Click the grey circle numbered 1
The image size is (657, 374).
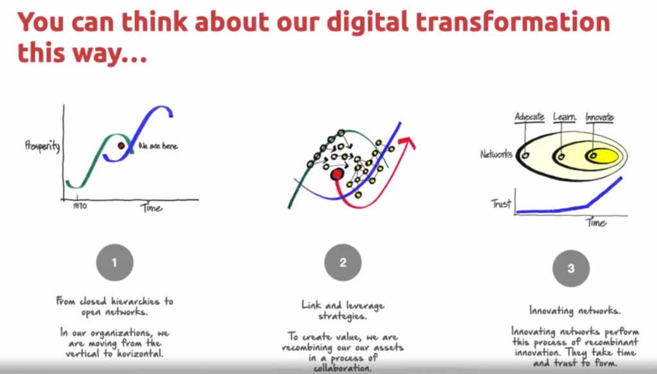pyautogui.click(x=115, y=263)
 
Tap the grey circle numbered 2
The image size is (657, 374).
pyautogui.click(x=343, y=263)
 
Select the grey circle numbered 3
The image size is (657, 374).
pyautogui.click(x=570, y=268)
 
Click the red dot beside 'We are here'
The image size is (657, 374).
pyautogui.click(x=121, y=145)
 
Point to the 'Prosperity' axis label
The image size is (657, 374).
pyautogui.click(x=42, y=146)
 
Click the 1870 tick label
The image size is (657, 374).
pyautogui.click(x=80, y=206)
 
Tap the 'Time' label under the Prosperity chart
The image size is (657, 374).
pyautogui.click(x=151, y=208)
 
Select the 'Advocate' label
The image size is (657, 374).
pyautogui.click(x=529, y=117)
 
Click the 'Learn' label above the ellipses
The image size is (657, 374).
pyautogui.click(x=564, y=117)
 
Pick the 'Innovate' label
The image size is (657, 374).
pyautogui.click(x=600, y=117)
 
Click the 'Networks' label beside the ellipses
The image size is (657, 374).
pyautogui.click(x=497, y=154)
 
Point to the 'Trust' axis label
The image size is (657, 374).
pyautogui.click(x=501, y=203)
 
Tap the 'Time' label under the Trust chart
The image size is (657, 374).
pyautogui.click(x=596, y=222)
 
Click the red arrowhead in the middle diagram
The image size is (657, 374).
pyautogui.click(x=407, y=142)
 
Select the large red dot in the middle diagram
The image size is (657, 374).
pyautogui.click(x=337, y=174)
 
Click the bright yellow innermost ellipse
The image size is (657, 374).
pyautogui.click(x=602, y=156)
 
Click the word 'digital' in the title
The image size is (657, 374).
pyautogui.click(x=367, y=22)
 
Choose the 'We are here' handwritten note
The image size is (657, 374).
pyautogui.click(x=158, y=146)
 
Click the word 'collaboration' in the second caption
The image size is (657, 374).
pyautogui.click(x=343, y=368)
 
